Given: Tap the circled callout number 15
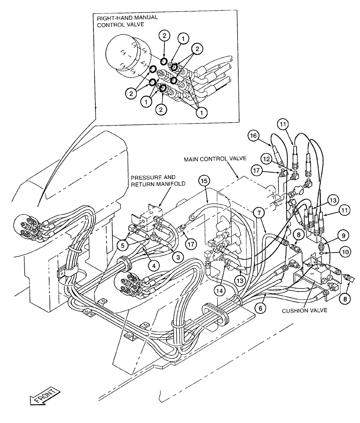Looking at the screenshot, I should [x=204, y=181].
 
